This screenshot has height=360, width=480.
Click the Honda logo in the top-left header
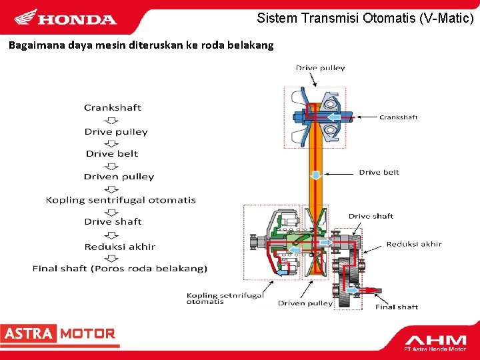(x=65, y=18)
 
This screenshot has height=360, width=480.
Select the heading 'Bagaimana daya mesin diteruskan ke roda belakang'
(x=141, y=45)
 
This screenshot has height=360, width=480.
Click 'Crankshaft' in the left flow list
(x=113, y=107)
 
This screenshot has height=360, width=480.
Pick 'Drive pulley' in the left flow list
(x=116, y=131)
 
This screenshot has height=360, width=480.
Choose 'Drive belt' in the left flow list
(x=112, y=153)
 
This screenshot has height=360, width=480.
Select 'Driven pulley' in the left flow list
(x=119, y=177)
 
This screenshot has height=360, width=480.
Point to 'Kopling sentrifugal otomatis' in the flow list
(x=121, y=199)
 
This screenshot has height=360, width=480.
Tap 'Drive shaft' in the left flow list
(x=113, y=221)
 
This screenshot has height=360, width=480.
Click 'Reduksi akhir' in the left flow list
(x=120, y=247)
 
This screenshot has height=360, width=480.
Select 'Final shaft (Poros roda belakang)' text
(x=120, y=269)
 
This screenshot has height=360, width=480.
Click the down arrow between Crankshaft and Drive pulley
(x=113, y=120)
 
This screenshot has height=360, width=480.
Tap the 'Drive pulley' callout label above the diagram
(x=321, y=68)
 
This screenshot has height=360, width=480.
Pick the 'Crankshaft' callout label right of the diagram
(x=399, y=117)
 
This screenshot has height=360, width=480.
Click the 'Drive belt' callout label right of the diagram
(x=379, y=172)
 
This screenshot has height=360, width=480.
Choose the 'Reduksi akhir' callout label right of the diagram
(x=413, y=244)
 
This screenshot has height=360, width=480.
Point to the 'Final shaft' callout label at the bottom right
(x=397, y=307)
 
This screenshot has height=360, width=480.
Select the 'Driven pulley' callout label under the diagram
(x=305, y=303)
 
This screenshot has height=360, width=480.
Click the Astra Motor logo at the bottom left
(x=59, y=333)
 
